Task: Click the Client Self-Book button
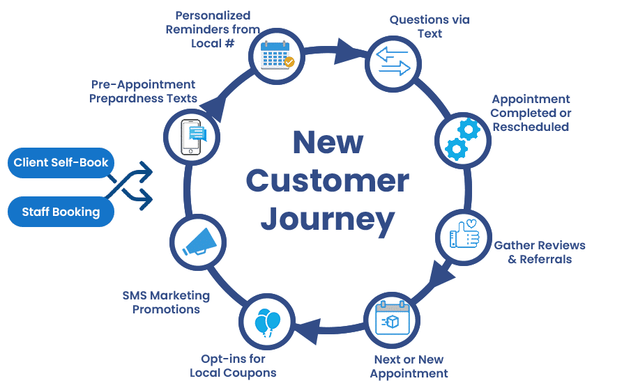pyautogui.click(x=61, y=163)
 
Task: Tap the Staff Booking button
pyautogui.click(x=61, y=212)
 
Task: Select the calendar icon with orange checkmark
pyautogui.click(x=277, y=57)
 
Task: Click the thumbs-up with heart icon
pyautogui.click(x=462, y=237)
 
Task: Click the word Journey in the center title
pyautogui.click(x=327, y=219)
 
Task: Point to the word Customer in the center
pyautogui.click(x=327, y=181)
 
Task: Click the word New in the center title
pyautogui.click(x=327, y=143)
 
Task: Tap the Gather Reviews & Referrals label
pyautogui.click(x=539, y=252)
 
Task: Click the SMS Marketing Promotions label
pyautogui.click(x=166, y=302)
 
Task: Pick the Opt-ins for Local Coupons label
pyautogui.click(x=233, y=366)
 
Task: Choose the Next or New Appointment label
pyautogui.click(x=409, y=366)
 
